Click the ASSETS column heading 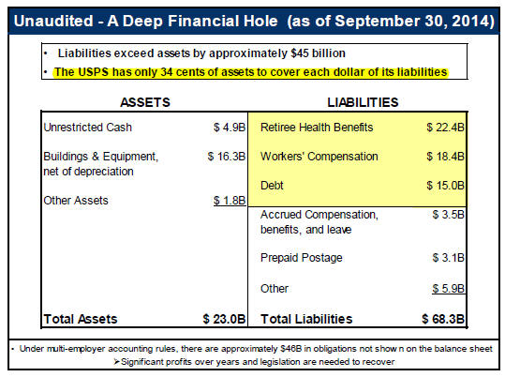[x=145, y=102]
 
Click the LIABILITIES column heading [x=363, y=102]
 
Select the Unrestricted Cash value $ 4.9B [x=230, y=128]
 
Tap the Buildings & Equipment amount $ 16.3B [x=227, y=157]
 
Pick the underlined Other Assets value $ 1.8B [x=230, y=201]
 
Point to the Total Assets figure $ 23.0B [x=224, y=319]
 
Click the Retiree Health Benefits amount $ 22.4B [x=445, y=128]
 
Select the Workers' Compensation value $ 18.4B [x=445, y=157]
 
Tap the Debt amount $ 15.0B [x=445, y=186]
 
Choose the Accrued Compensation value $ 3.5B [x=448, y=215]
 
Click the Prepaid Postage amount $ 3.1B [x=448, y=258]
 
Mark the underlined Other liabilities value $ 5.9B [x=448, y=288]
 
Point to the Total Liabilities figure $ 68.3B [x=443, y=319]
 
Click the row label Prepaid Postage [x=301, y=258]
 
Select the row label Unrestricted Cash [x=88, y=128]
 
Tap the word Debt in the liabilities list [x=272, y=186]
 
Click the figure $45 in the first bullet [x=300, y=53]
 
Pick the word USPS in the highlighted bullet [x=93, y=72]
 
